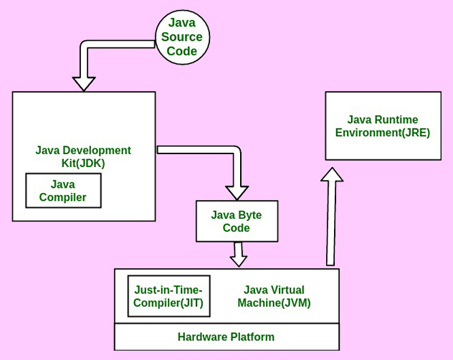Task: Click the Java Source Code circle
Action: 181,37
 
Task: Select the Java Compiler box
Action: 63,191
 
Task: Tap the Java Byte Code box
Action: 237,221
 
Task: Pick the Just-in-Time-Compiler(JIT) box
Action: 169,296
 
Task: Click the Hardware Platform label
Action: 226,337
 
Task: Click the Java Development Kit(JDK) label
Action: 83,156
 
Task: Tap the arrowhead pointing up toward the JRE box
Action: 331,174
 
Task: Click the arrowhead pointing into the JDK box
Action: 84,82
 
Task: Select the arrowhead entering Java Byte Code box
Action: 237,192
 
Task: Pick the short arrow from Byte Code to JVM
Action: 238,254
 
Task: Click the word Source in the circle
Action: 181,37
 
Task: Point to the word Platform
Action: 252,337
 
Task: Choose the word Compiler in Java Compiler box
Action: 63,197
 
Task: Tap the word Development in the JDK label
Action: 96,151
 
